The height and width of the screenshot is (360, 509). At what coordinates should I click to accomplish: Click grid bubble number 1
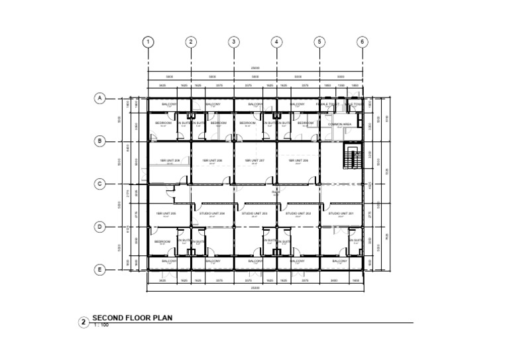[x=148, y=42]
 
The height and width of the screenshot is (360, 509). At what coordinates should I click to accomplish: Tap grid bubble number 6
[x=362, y=42]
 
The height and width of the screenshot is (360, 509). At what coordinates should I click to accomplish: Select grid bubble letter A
[x=99, y=98]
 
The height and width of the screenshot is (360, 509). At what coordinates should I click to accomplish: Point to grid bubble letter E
[x=99, y=269]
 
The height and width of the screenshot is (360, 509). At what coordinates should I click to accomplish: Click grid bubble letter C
[x=99, y=184]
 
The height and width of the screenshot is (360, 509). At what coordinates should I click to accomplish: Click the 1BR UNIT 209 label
[x=169, y=160]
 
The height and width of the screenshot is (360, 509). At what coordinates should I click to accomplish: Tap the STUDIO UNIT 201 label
[x=341, y=213]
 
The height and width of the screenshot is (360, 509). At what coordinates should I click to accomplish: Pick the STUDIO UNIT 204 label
[x=213, y=213]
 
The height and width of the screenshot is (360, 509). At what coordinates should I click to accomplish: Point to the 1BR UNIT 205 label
[x=166, y=213]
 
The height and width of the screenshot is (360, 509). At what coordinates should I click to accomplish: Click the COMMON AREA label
[x=339, y=123]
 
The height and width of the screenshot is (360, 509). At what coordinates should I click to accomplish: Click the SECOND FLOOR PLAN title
[x=133, y=318]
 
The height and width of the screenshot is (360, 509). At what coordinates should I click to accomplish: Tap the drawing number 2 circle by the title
[x=84, y=323]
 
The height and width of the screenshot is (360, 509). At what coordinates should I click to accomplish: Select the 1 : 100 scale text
[x=101, y=326]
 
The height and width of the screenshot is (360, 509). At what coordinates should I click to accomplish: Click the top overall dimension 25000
[x=255, y=68]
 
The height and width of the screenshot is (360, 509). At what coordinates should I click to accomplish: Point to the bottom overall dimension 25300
[x=255, y=288]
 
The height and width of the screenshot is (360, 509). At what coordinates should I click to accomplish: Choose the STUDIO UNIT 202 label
[x=298, y=213]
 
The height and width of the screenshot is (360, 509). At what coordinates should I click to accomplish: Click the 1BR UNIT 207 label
[x=255, y=160]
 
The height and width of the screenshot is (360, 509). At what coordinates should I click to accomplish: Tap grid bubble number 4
[x=276, y=42]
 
